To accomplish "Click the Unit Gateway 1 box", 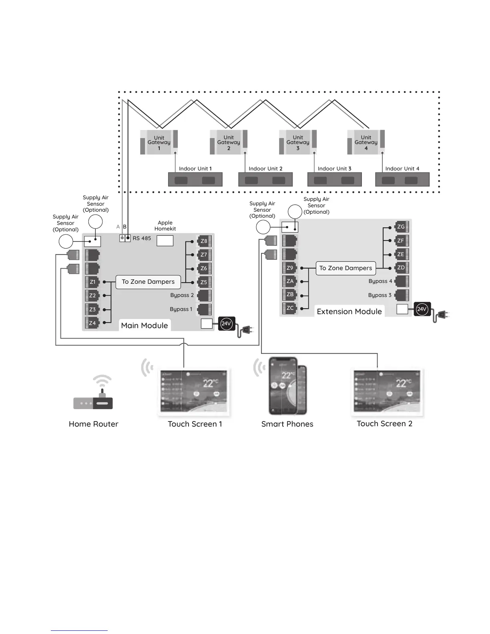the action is pos(159,142).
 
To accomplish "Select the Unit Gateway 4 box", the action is pos(366,142).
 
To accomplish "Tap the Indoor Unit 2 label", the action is pos(265,169).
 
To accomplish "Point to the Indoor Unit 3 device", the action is pos(334,180).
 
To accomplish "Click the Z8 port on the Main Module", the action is pos(204,241).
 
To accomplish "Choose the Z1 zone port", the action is pos(92,282).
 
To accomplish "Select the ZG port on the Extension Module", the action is pos(401,227).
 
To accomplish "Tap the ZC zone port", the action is pos(290,308).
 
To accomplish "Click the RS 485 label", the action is pos(142,238).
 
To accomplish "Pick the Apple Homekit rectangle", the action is pos(165,241).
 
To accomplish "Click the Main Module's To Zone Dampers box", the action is pos(148,282).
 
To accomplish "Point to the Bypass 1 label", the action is pos(181,309).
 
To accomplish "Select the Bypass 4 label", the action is pos(380,281).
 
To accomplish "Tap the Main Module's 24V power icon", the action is pos(226,323).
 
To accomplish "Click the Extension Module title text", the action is pos(349,312).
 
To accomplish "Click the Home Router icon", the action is pos(93,398).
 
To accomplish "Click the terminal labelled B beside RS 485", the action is pos(128,238).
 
